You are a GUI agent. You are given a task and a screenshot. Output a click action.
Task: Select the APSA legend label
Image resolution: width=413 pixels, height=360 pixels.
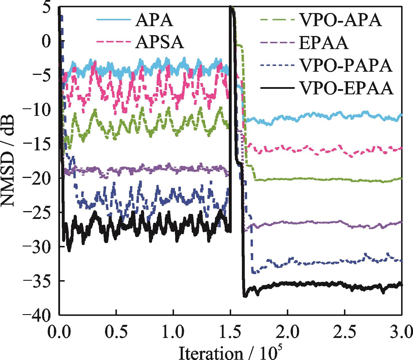[159, 43]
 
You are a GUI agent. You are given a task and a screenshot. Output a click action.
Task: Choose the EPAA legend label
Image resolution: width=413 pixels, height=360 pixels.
[323, 44]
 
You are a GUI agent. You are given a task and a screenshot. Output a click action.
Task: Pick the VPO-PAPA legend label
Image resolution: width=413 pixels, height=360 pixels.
[345, 66]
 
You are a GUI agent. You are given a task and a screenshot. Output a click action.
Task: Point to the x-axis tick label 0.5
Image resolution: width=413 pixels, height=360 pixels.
[116, 331]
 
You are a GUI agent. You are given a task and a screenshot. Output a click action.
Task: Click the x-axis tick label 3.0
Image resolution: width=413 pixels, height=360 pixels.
[401, 331]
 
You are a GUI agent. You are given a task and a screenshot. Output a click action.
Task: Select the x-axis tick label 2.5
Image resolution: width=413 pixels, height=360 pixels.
[344, 331]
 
